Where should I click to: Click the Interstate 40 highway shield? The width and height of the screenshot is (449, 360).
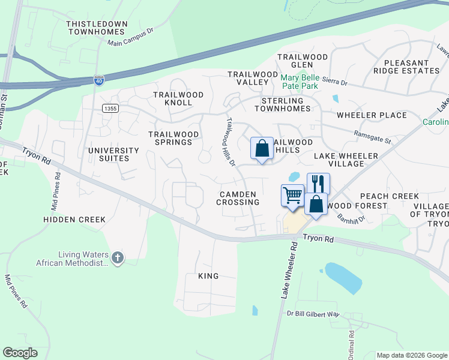[x=99, y=79]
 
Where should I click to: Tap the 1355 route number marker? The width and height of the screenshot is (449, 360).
[x=109, y=107]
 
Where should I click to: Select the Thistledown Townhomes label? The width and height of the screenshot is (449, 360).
[x=97, y=28]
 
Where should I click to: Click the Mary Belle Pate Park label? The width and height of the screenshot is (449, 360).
[x=309, y=82]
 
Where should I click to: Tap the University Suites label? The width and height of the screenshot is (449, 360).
[x=109, y=154]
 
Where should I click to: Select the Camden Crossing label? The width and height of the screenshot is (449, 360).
[x=239, y=199]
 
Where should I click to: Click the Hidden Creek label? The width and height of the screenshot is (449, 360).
[x=74, y=220]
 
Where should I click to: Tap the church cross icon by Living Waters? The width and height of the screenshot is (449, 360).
[x=118, y=258]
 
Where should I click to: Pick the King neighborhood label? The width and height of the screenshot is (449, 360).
[x=208, y=276]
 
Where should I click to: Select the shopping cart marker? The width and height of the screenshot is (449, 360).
[x=292, y=196]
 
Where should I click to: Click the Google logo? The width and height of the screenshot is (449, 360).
[x=20, y=353]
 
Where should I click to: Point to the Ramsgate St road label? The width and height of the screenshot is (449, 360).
[x=372, y=137]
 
